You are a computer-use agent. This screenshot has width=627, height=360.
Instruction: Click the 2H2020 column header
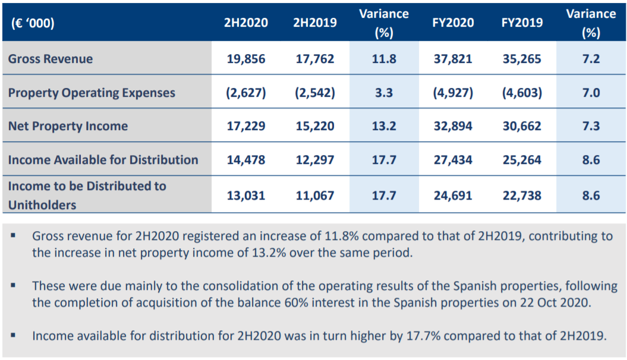(x=245, y=23)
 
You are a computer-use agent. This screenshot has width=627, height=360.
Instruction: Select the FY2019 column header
(x=522, y=23)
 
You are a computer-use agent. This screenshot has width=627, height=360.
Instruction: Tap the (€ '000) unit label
(x=33, y=23)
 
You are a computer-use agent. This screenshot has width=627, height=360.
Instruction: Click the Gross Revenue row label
(x=51, y=59)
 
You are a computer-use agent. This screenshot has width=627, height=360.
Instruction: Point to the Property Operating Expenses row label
(x=92, y=93)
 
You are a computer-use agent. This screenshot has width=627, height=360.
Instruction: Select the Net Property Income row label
(x=68, y=126)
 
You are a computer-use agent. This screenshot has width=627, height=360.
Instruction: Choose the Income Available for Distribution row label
(x=103, y=159)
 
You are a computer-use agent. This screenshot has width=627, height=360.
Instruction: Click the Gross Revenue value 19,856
(x=245, y=59)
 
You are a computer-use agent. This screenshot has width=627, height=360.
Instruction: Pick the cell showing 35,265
(x=522, y=59)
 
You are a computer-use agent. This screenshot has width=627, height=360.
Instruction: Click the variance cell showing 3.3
(x=384, y=93)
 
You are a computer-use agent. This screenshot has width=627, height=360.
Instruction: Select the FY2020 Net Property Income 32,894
(x=453, y=126)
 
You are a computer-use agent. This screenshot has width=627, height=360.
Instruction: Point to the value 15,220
(x=315, y=126)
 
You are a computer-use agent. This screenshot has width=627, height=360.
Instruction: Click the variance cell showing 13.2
(x=384, y=126)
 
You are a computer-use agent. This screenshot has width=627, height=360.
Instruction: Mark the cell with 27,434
(x=453, y=159)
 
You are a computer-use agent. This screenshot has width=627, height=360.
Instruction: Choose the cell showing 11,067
(x=315, y=195)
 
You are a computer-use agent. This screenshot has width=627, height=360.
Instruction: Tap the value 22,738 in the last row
(x=522, y=195)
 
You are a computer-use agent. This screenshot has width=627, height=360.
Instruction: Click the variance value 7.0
(x=591, y=93)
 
